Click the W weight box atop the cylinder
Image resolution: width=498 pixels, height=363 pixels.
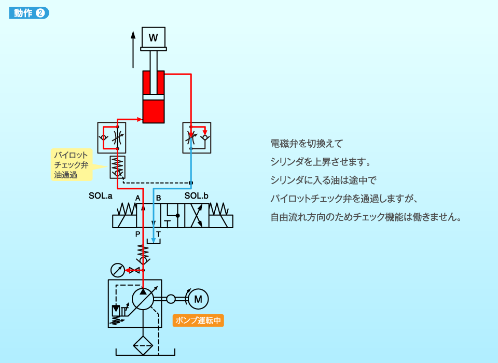click(153, 37)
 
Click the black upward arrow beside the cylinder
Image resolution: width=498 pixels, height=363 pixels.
click(133, 49)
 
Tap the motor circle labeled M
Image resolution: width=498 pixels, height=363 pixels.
click(198, 299)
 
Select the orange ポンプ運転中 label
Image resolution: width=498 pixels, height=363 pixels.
click(198, 320)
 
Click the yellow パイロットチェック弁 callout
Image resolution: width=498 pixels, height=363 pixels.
click(72, 165)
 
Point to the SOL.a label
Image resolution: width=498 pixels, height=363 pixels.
click(101, 196)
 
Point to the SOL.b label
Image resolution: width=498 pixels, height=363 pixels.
click(197, 196)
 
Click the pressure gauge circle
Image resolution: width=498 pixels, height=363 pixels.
click(118, 270)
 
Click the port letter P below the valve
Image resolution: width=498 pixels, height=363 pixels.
click(138, 234)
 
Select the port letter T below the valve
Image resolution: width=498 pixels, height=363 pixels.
click(159, 234)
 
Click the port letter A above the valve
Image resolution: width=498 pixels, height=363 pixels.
click(137, 198)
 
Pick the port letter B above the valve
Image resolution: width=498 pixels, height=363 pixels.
click(159, 198)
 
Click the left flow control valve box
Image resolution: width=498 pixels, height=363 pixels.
click(112, 137)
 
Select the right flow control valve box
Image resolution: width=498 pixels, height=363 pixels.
click(197, 137)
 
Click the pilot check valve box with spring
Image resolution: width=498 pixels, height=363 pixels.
click(118, 167)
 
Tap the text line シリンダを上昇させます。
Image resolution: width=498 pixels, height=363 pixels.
click(320, 162)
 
